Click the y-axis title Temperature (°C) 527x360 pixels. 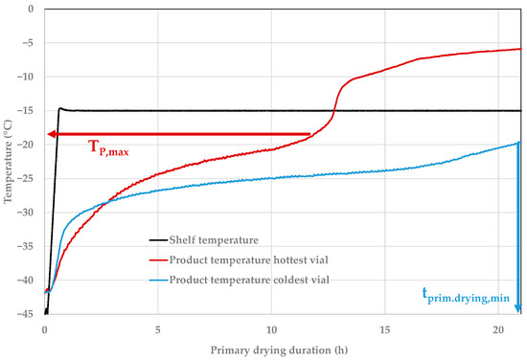pos(10,160)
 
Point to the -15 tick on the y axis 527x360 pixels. pos(26,111)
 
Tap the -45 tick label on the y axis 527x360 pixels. pos(26,313)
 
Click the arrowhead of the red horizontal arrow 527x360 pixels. pos(52,134)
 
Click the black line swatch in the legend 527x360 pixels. pos(157,239)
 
